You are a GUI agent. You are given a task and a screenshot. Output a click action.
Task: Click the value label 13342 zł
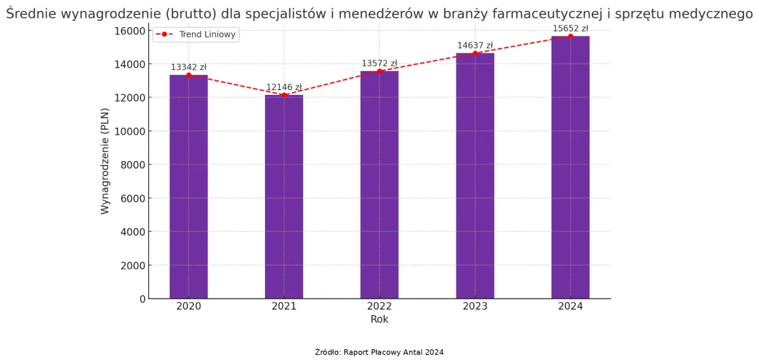[x=189, y=68]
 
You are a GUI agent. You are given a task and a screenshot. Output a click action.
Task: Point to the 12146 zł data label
[x=284, y=87]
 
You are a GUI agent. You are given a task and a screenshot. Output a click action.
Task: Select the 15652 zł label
[x=570, y=28]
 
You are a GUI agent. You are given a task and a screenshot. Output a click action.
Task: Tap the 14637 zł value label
[x=475, y=46]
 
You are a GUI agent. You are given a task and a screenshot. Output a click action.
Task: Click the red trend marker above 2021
[x=284, y=95]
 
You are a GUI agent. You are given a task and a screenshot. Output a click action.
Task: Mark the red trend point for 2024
[x=570, y=36]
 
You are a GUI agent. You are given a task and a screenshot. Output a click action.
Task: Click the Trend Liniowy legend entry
[x=196, y=34]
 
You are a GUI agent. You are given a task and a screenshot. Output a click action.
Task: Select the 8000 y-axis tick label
[x=134, y=165]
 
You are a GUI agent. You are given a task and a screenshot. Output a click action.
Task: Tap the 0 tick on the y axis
[x=142, y=299]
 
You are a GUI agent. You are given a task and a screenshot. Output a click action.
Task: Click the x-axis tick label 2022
[x=379, y=307]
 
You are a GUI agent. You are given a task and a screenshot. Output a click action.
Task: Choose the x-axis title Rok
[x=379, y=320]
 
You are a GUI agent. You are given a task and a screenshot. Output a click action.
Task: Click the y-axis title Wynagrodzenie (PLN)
[x=105, y=161]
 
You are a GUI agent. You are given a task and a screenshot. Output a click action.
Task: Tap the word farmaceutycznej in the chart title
[x=541, y=15]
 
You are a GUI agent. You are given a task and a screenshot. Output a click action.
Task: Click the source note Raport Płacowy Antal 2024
[x=379, y=352]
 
